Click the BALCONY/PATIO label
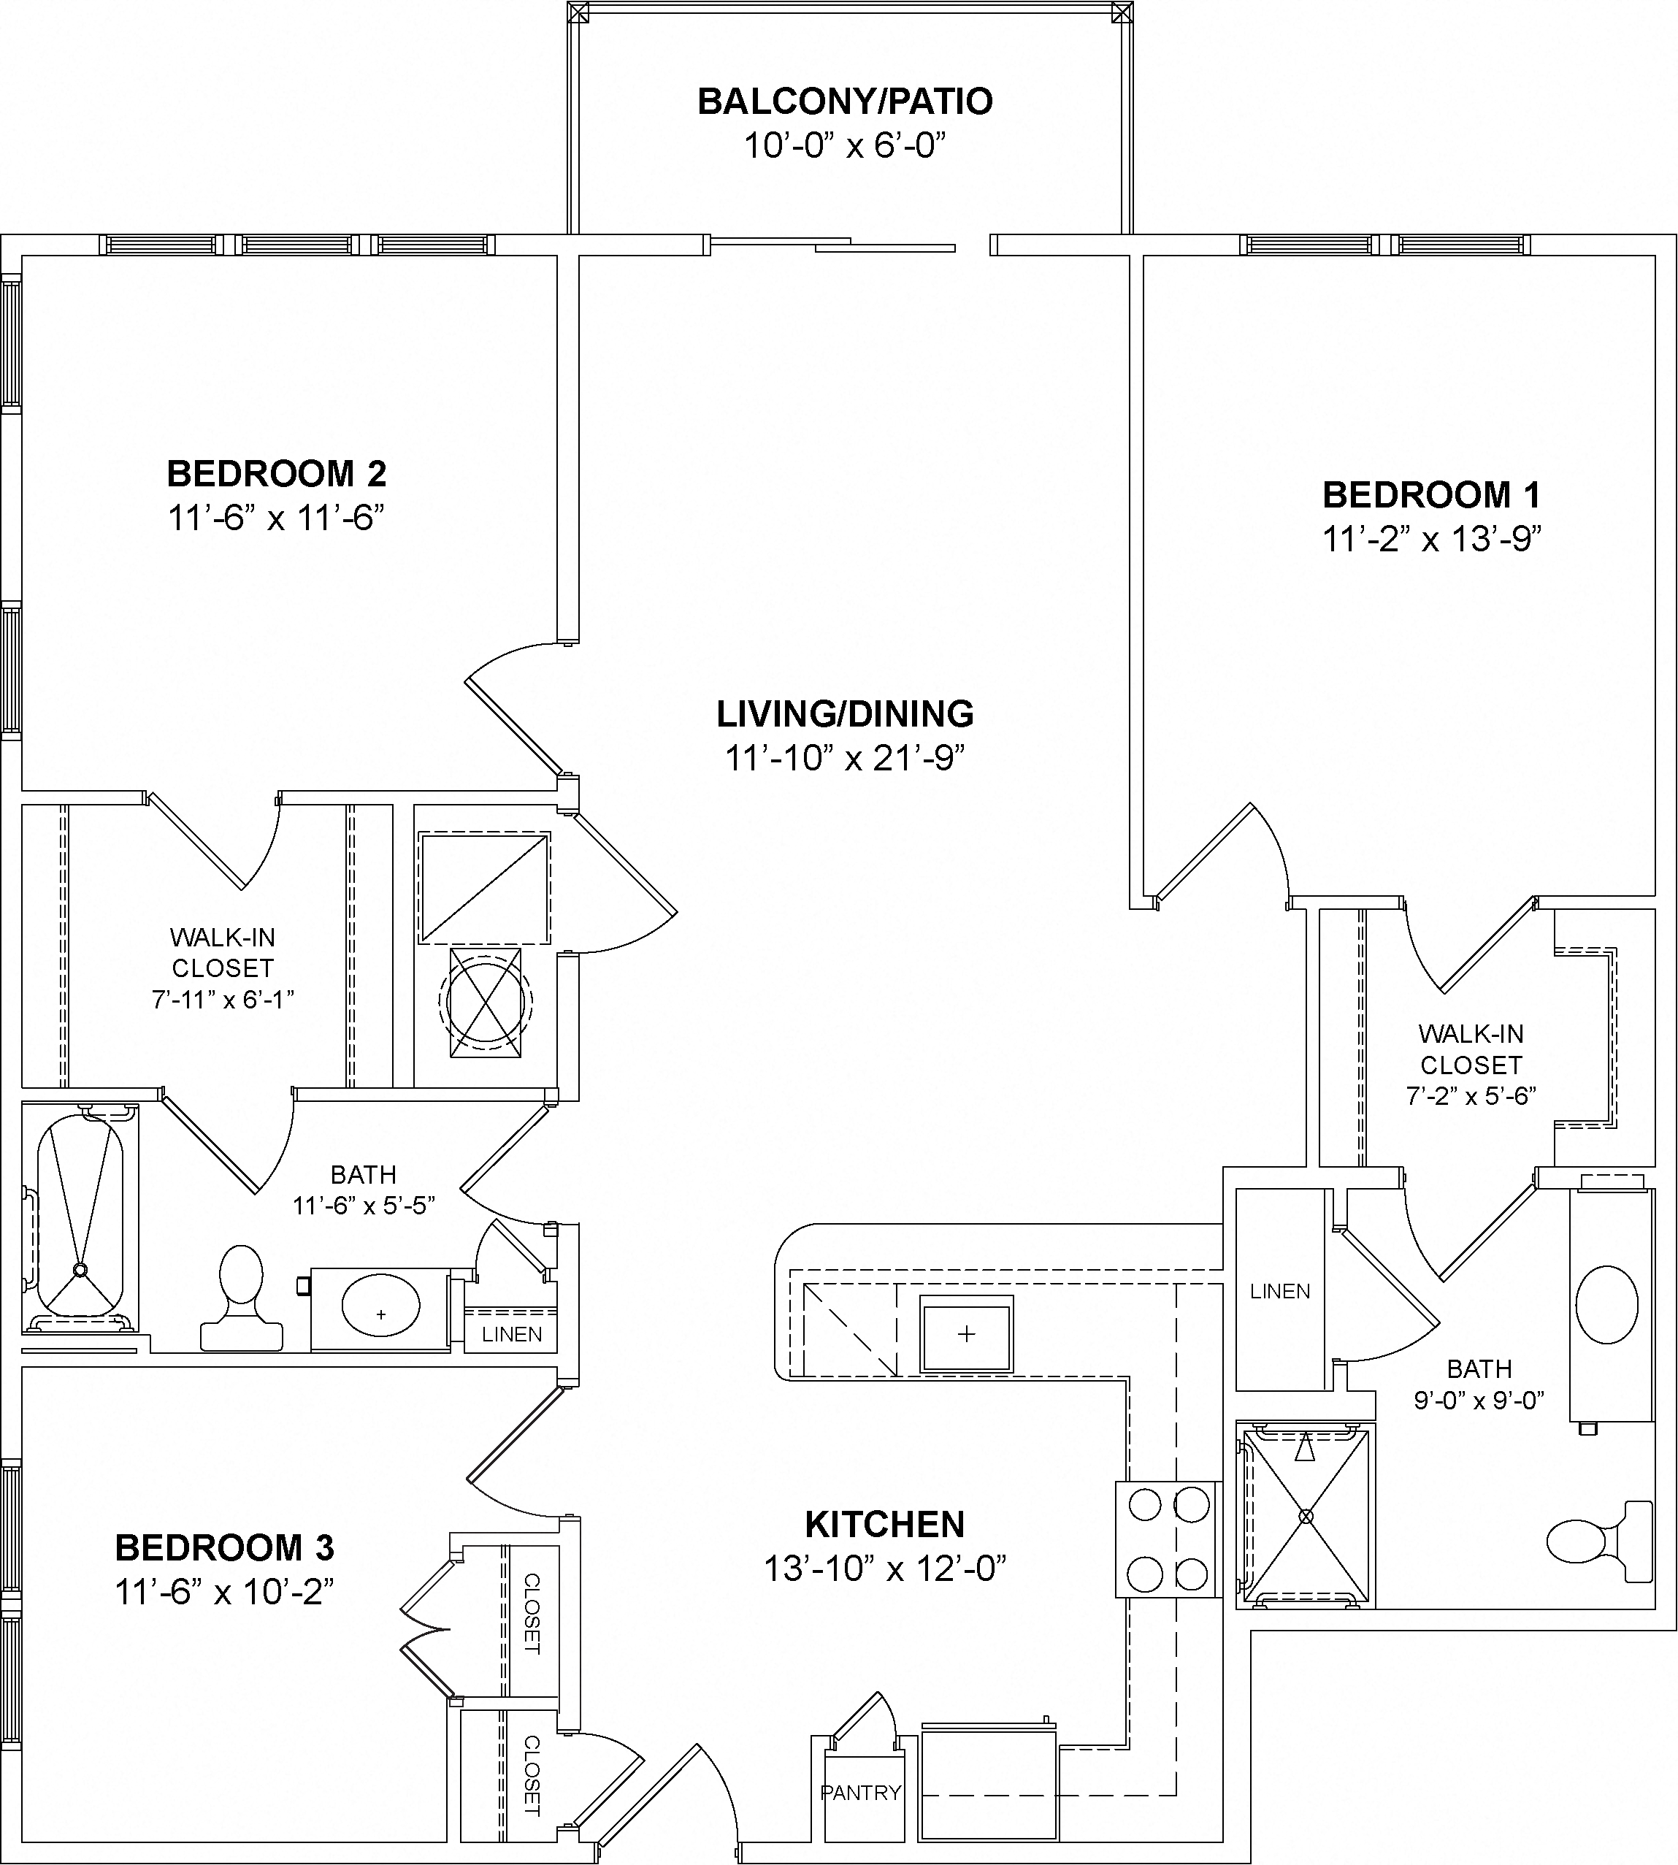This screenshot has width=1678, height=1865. [x=845, y=102]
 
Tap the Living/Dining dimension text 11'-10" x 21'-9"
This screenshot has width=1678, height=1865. [x=845, y=758]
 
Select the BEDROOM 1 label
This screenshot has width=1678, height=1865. [x=1432, y=495]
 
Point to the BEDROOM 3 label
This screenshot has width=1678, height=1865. [x=224, y=1548]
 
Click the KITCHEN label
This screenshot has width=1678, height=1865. [x=884, y=1525]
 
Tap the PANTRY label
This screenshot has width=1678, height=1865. [x=860, y=1792]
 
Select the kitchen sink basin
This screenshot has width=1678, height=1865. [x=966, y=1333]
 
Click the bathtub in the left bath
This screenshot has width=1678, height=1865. [x=80, y=1216]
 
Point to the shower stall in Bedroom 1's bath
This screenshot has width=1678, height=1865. [x=1306, y=1517]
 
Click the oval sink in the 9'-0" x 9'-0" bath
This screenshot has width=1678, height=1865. [x=1607, y=1303]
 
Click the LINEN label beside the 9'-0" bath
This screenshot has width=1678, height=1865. [x=1280, y=1292]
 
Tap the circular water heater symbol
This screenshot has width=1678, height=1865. [x=486, y=1003]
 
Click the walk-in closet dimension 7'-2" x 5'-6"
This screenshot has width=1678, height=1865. [x=1471, y=1095]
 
